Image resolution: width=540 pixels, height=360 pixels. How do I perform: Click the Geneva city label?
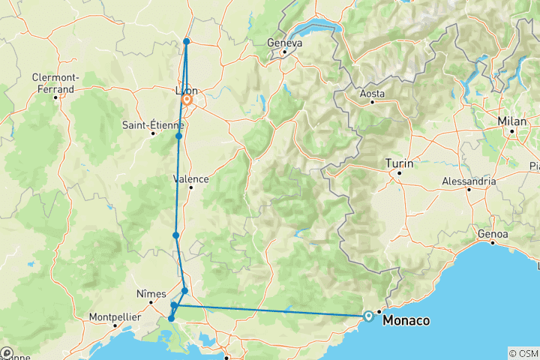coord(284,43)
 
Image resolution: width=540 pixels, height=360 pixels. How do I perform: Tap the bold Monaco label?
coord(406,320)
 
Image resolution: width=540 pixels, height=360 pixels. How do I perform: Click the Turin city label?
coord(399,163)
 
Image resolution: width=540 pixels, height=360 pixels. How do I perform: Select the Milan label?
coord(514,121)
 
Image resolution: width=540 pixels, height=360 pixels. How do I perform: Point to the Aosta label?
coord(372,94)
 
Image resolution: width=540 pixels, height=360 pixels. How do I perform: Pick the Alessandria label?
coord(469,181)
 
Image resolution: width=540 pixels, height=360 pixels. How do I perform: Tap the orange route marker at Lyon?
coord(187,99)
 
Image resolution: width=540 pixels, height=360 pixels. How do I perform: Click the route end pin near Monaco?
coord(368,316)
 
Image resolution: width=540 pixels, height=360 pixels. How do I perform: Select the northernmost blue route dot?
coord(186,41)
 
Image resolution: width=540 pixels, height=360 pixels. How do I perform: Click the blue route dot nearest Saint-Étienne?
coord(179,136)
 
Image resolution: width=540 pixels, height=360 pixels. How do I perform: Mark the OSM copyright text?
coord(523,353)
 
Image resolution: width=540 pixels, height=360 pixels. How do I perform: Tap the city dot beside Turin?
coord(399,173)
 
